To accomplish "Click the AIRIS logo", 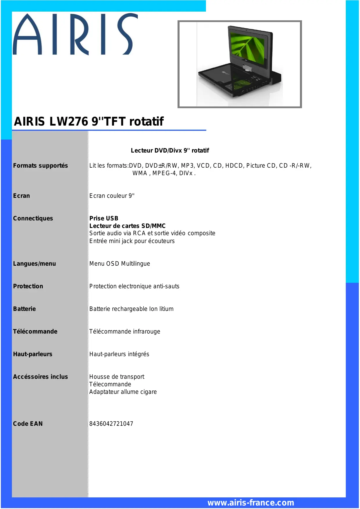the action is point(75,34).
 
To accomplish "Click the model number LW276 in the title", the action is point(68,122).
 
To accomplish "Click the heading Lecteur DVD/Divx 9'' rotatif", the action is point(170,151).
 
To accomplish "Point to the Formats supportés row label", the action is point(40,166).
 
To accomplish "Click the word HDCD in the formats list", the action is point(234,166).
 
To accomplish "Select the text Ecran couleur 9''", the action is point(112,196).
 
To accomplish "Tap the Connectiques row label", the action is point(33,218).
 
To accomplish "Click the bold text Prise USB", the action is point(104,218).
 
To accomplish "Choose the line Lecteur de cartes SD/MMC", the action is point(127,226).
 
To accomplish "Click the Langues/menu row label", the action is point(34,264).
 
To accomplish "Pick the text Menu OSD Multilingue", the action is point(120,264).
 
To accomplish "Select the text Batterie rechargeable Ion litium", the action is point(131,309).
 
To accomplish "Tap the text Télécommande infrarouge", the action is point(124,332).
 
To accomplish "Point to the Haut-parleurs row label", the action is point(32,354).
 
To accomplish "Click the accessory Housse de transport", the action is point(117,377).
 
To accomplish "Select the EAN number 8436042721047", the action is point(111,424).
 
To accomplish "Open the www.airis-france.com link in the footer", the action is point(251,503).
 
